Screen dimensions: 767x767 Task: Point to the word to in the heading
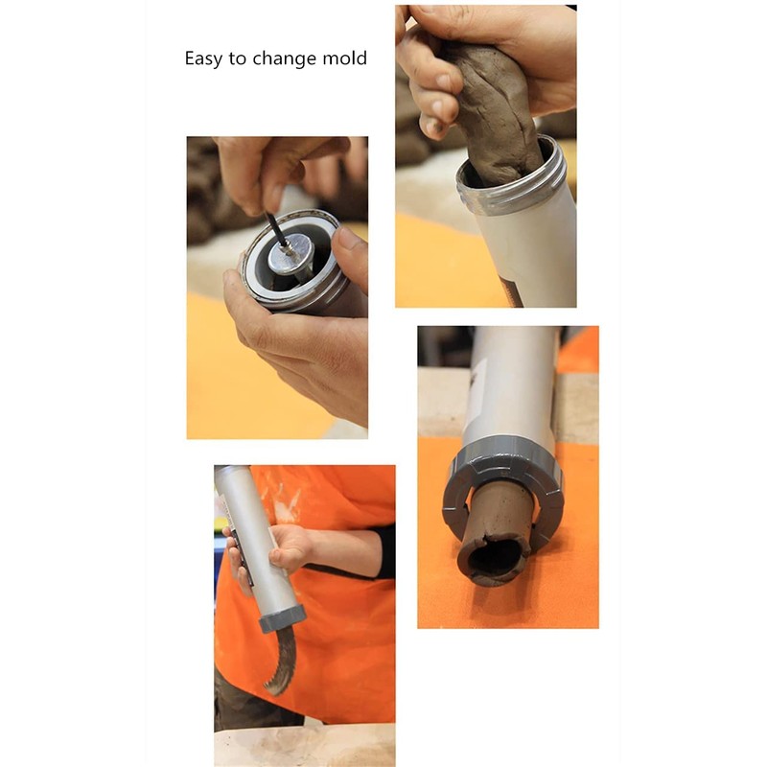[238, 59]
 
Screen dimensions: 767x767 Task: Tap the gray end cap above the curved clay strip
[281, 618]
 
